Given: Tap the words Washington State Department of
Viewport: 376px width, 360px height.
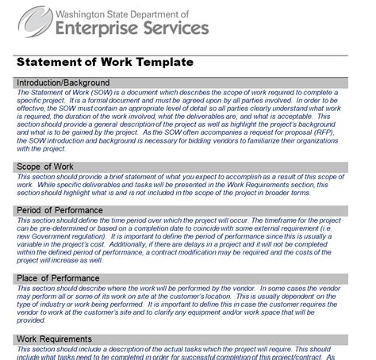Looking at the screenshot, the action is [x=131, y=13].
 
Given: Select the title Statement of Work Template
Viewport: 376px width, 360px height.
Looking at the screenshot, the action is [x=104, y=61].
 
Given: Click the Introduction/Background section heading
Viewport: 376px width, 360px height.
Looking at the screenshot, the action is [x=63, y=82].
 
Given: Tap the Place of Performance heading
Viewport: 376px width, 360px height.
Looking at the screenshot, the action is [x=59, y=278].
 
